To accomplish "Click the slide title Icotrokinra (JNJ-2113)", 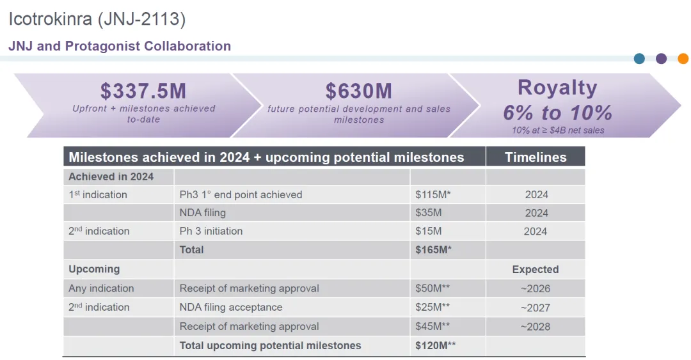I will pos(97,19).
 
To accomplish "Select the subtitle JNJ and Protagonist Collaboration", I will pos(120,46).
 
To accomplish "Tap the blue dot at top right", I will pos(639,58).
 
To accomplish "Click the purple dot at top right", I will pos(661,58).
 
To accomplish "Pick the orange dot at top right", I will pos(683,58).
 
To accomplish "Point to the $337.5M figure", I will pos(143,91).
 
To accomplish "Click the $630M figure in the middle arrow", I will pos(358,91).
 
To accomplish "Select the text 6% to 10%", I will pos(557,113).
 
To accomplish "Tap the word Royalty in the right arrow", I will pos(557,88).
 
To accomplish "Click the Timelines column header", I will pos(536,157).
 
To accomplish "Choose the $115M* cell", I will pos(433,194).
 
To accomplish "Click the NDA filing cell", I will pos(203,212).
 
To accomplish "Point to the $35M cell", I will pos(429,212).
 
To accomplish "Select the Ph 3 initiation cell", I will pos(211,231).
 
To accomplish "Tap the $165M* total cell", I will pos(433,249).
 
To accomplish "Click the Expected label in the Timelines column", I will pos(536,269).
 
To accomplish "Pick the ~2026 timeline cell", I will pos(536,288).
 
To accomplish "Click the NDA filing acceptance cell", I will pos(231,307).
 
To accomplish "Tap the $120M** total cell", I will pos(436,345).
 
